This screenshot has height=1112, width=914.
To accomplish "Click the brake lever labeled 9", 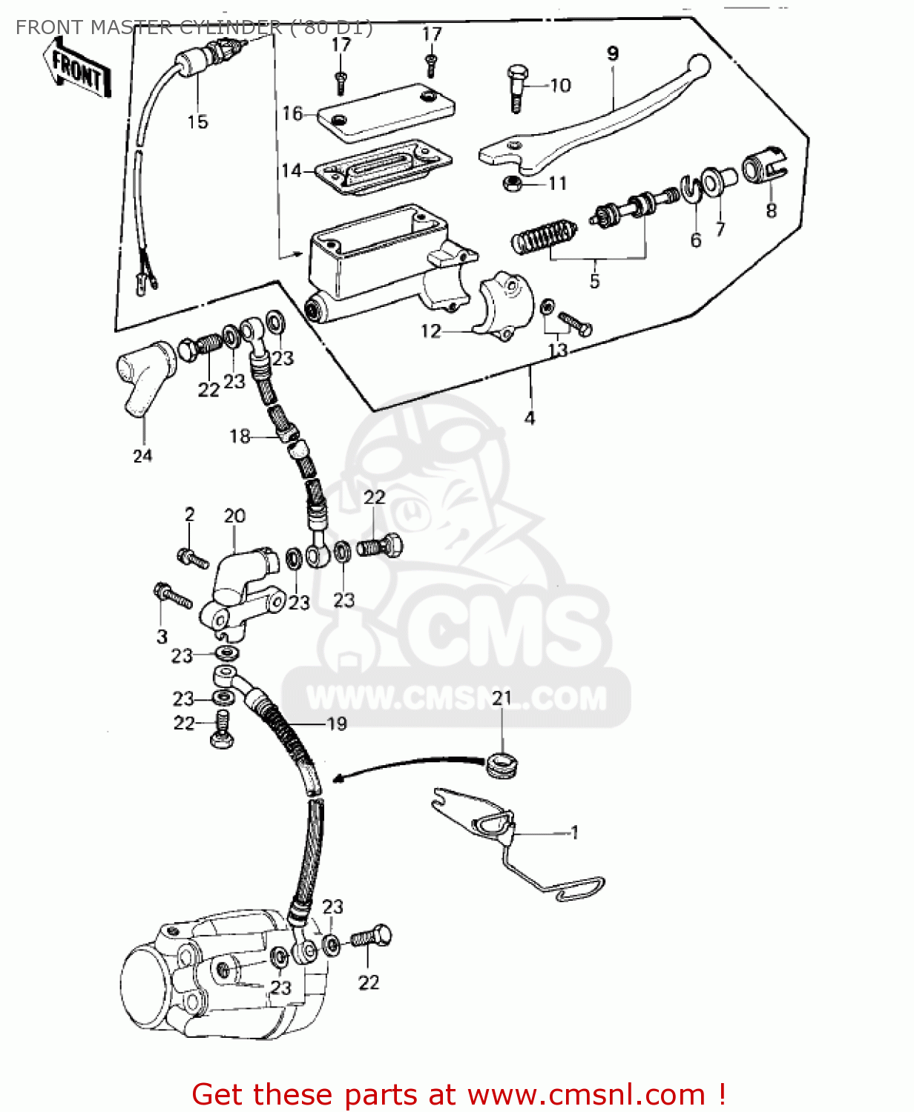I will point(594,122).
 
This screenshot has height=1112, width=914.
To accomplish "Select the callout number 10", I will point(561,85).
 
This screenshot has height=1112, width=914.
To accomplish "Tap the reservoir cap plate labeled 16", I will point(386,111).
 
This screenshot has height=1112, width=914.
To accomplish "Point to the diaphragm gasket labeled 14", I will point(383,169).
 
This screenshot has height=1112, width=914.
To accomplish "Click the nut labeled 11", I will point(511,183).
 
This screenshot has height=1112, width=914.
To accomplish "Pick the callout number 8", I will point(771,211).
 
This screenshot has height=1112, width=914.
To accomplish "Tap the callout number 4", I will point(530,418).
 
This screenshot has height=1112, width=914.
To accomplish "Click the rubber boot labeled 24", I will point(145,374).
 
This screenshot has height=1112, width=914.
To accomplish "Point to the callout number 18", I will point(240,436).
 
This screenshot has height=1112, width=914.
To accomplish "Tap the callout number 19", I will point(337,724).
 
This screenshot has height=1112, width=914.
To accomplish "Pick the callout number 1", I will point(574,833).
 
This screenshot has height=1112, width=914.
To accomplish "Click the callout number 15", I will point(197,122).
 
